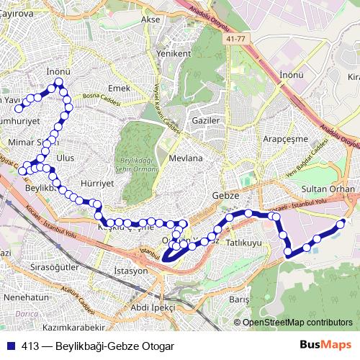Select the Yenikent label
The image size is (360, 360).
[x=173, y=53]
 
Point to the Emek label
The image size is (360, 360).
[x=118, y=87]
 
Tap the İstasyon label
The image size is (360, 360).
[x=130, y=271]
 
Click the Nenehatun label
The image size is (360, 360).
[x=25, y=296]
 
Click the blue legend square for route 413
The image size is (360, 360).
[x=12, y=346]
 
